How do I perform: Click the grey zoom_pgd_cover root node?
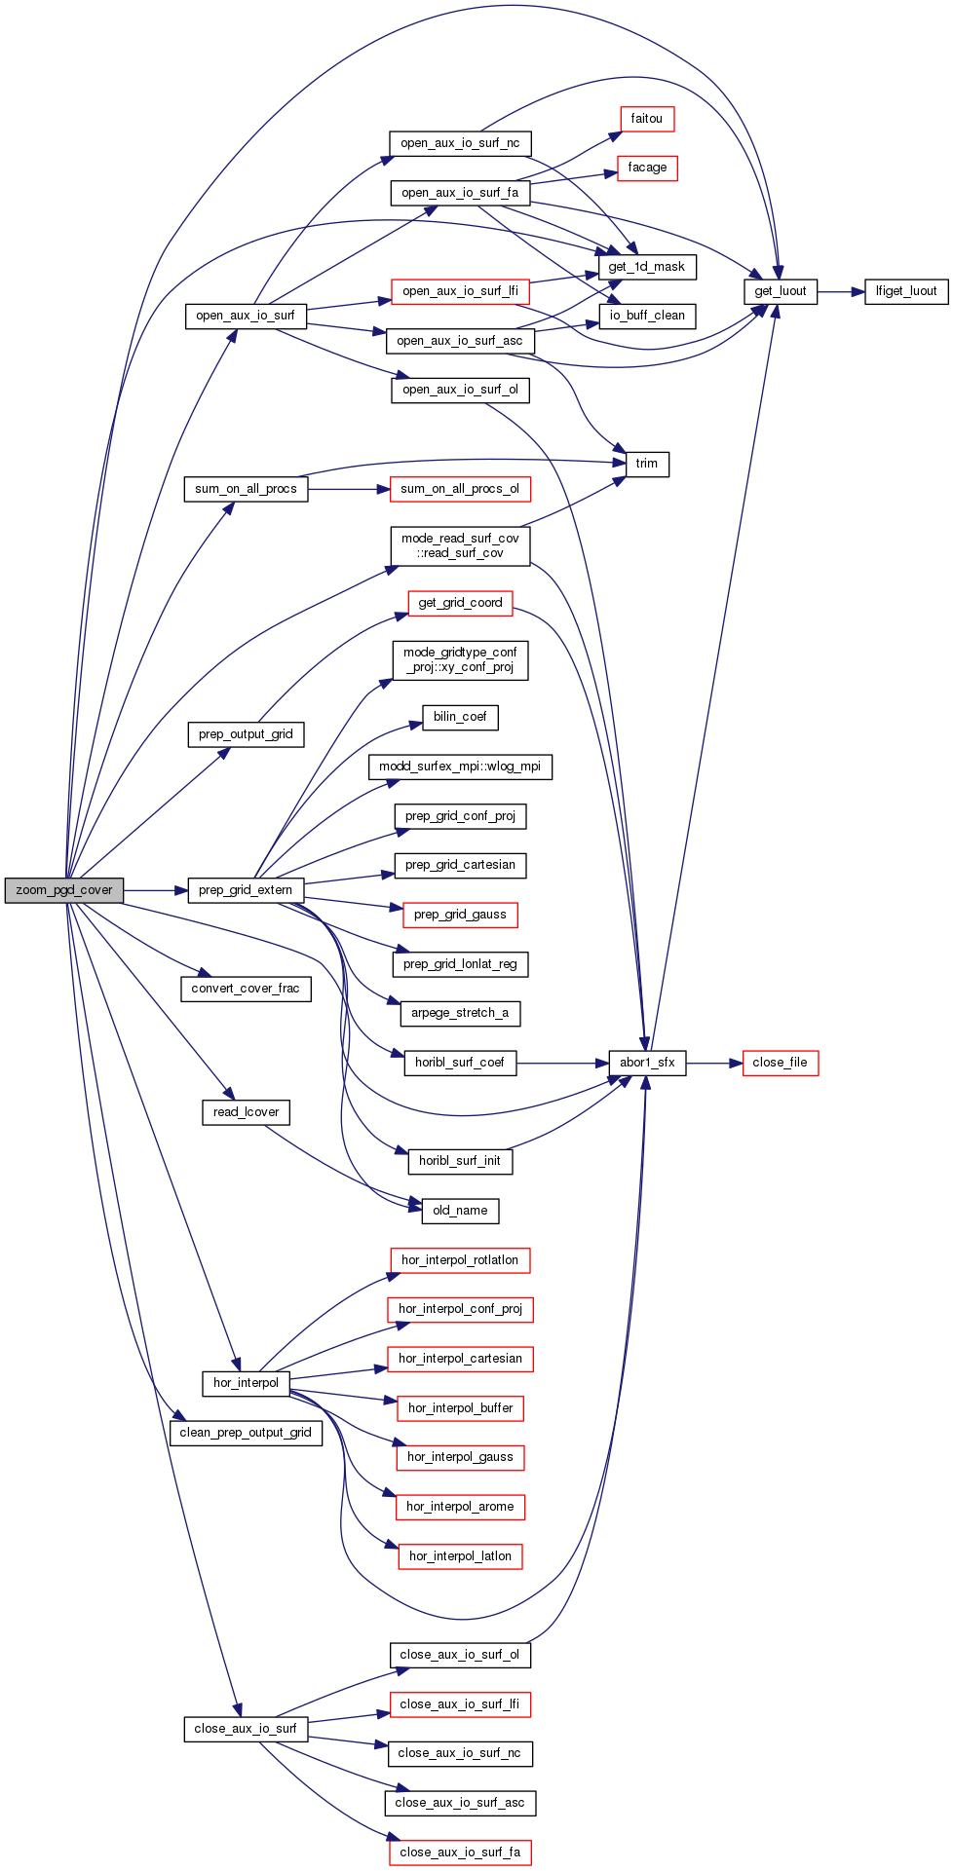click(x=64, y=890)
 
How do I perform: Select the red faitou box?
click(x=646, y=119)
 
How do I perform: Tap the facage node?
click(x=647, y=168)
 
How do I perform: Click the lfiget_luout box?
click(x=906, y=291)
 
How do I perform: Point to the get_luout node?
click(x=781, y=291)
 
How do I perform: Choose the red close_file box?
click(x=780, y=1063)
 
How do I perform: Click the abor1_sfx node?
click(x=647, y=1063)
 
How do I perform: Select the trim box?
click(x=647, y=464)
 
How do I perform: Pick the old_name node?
click(x=460, y=1211)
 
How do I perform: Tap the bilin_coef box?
click(x=460, y=717)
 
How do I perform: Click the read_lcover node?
click(x=246, y=1112)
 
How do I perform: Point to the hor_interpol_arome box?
click(x=460, y=1507)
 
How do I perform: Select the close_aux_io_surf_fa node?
click(x=460, y=1852)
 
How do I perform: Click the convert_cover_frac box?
click(x=246, y=989)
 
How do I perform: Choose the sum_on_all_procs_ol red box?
click(x=460, y=489)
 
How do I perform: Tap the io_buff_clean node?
click(x=647, y=316)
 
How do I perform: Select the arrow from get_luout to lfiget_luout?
click(x=841, y=291)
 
